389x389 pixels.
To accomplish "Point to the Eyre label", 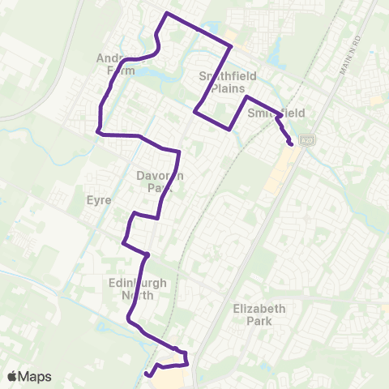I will coord(103,199).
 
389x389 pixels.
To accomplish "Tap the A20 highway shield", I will coord(306,140).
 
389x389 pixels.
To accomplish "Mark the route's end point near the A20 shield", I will coord(290,144).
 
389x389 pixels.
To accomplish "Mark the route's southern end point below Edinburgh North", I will coord(147,374).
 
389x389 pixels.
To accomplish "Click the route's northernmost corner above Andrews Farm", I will coord(167,14).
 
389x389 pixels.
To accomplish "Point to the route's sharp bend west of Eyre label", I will coord(123,242).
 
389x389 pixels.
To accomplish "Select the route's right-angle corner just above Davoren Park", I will coord(178,152).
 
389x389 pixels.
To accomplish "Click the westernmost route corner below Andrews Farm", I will coord(97,131).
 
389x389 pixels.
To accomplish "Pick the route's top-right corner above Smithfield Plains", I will coord(232,47).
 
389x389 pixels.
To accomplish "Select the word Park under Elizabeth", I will coord(259,321).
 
